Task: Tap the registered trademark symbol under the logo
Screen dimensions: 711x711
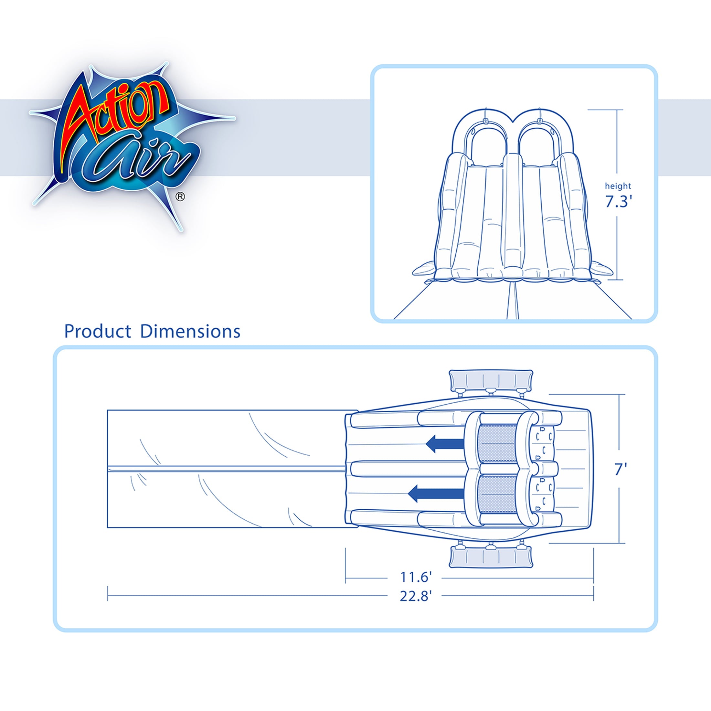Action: [x=180, y=197]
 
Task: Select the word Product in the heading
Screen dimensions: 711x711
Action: [x=98, y=332]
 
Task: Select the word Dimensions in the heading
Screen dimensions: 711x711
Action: [x=190, y=332]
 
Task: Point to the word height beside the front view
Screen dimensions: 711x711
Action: [x=618, y=186]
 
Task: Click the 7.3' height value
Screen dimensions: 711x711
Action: [x=618, y=202]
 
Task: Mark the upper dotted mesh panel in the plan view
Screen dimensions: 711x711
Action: [x=498, y=443]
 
